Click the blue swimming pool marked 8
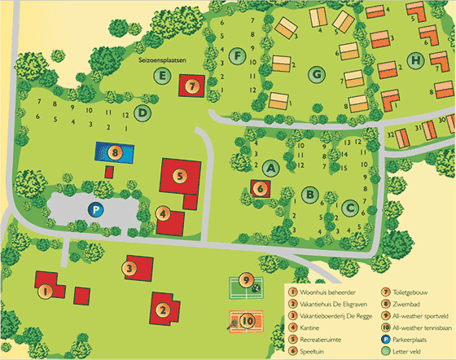[115, 151]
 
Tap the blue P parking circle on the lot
[95, 210]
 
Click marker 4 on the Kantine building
[164, 215]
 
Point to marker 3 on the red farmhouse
[129, 266]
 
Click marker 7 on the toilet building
[192, 86]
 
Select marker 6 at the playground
[261, 188]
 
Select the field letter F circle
[238, 56]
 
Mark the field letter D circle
[143, 112]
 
